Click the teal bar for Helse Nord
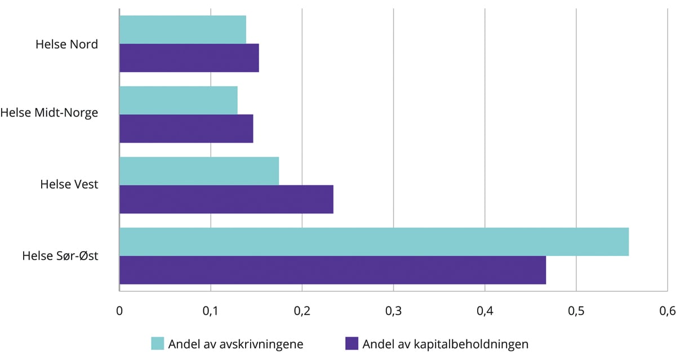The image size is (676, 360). (183, 30)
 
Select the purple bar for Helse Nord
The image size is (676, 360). (189, 58)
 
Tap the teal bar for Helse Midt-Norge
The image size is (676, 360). (179, 100)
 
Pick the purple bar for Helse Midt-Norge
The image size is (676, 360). (186, 128)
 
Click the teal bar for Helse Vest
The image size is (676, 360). (199, 171)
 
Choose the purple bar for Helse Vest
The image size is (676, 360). (226, 199)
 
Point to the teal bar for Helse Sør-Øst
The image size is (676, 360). (374, 242)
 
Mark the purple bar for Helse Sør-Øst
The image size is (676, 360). (332, 270)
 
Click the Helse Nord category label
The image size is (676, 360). (66, 45)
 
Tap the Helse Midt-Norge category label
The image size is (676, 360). (49, 113)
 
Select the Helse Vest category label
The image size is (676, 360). (69, 184)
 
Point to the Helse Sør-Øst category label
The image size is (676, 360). (60, 255)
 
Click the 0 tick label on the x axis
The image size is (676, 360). (119, 311)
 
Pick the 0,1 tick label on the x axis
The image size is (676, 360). (210, 311)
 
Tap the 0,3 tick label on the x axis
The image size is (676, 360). (393, 311)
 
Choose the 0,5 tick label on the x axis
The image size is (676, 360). (576, 311)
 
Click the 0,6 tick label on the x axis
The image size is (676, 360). (667, 311)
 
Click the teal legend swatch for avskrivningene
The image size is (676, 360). (157, 344)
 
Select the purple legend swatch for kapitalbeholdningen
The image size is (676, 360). (352, 344)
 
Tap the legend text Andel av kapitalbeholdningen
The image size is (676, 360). (446, 344)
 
